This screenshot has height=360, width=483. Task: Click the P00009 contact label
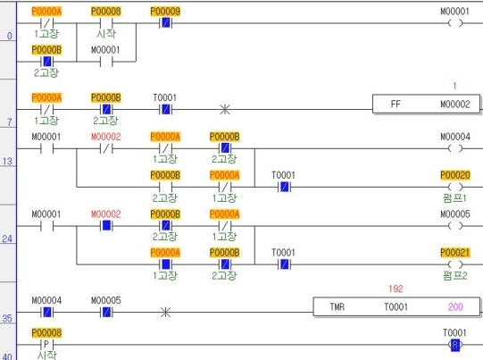click(165, 12)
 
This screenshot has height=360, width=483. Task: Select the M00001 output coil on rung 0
click(455, 23)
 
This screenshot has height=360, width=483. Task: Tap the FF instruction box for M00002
click(426, 105)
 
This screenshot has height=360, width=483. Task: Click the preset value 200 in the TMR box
click(455, 307)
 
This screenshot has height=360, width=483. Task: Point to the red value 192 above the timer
click(396, 289)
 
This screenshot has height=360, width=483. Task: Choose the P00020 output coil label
click(455, 175)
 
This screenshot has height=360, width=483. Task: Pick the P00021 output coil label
click(455, 253)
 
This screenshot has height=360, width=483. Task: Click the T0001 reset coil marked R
click(455, 345)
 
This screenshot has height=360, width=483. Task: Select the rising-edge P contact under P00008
click(46, 344)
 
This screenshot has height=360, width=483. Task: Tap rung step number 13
click(7, 161)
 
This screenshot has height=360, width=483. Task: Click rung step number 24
click(7, 239)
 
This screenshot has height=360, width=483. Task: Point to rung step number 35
click(7, 318)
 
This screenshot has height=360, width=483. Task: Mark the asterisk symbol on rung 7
click(225, 109)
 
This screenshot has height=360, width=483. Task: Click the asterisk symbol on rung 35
click(165, 313)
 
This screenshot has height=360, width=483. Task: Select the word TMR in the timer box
click(337, 307)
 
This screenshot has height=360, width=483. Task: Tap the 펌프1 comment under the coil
click(455, 197)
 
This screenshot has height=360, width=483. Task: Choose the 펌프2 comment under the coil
click(455, 275)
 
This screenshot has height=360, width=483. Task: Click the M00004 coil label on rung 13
click(455, 137)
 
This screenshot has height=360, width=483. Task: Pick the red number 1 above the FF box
click(454, 86)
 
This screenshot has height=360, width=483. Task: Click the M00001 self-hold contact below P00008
click(106, 62)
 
